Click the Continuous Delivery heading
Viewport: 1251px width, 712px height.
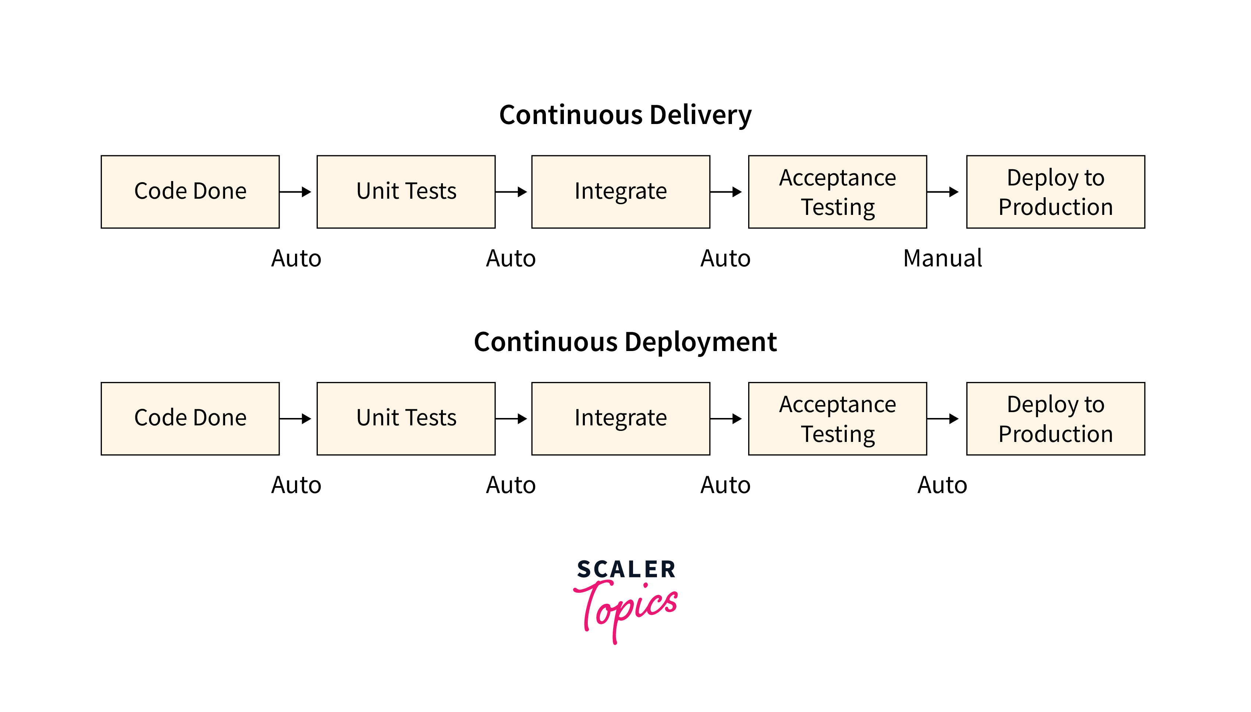coord(625,115)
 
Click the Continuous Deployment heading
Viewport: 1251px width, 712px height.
coord(625,342)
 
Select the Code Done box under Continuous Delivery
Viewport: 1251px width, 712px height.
coord(190,192)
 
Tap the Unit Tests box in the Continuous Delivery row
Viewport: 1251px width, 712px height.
coord(406,192)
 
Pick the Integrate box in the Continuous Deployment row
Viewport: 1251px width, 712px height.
coord(621,419)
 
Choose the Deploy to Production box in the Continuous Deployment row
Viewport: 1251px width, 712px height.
coord(1055,419)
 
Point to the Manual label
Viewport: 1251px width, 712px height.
coord(942,258)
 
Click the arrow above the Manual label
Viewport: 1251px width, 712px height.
coord(942,192)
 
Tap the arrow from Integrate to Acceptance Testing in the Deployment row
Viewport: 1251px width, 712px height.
coord(726,419)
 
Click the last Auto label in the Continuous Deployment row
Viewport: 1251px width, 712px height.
coord(942,485)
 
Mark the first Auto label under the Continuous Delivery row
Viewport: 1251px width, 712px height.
coord(296,258)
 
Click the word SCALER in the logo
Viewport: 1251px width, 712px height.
coord(626,570)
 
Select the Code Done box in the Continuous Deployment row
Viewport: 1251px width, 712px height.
coord(190,419)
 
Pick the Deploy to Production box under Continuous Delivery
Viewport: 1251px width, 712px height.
coord(1055,192)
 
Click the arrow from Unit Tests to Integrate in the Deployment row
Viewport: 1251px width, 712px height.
coord(511,419)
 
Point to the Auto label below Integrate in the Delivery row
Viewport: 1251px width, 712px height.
coord(725,258)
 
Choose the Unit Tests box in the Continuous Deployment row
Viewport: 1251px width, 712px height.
coord(406,419)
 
